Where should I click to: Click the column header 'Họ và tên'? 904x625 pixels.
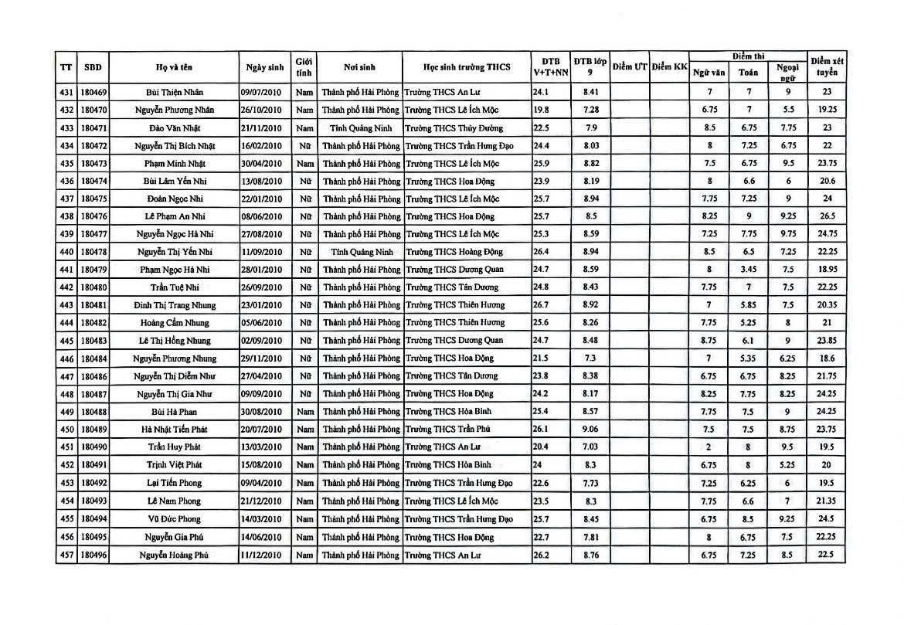pyautogui.click(x=174, y=67)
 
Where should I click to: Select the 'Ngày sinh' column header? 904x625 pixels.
pyautogui.click(x=265, y=67)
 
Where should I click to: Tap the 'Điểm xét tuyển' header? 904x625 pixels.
pyautogui.click(x=826, y=67)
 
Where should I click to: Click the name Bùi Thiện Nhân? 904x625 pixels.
pyautogui.click(x=174, y=92)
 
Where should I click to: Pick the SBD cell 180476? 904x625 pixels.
pyautogui.click(x=93, y=216)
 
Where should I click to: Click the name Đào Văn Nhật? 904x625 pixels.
pyautogui.click(x=174, y=127)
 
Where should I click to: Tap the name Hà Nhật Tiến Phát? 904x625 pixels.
pyautogui.click(x=174, y=430)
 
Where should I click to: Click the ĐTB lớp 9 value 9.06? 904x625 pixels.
pyautogui.click(x=591, y=430)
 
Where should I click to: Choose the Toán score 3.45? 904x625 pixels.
pyautogui.click(x=748, y=270)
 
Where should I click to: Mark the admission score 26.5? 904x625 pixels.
pyautogui.click(x=826, y=216)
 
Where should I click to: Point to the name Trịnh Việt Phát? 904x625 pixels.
pyautogui.click(x=174, y=465)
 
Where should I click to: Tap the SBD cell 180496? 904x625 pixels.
pyautogui.click(x=93, y=555)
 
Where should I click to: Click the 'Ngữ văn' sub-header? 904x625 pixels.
pyautogui.click(x=709, y=72)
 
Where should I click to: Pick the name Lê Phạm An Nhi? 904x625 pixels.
pyautogui.click(x=174, y=216)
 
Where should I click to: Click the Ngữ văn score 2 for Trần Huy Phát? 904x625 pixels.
pyautogui.click(x=709, y=447)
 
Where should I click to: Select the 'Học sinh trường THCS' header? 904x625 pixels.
pyautogui.click(x=467, y=67)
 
